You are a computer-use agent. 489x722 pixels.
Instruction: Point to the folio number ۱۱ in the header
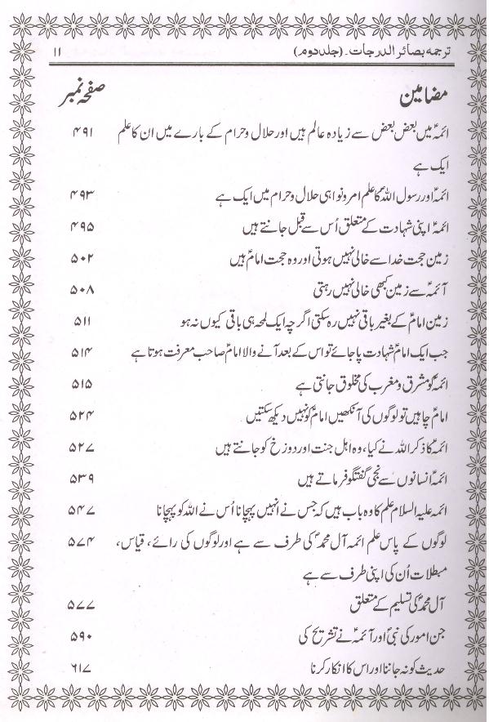pyautogui.click(x=54, y=53)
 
